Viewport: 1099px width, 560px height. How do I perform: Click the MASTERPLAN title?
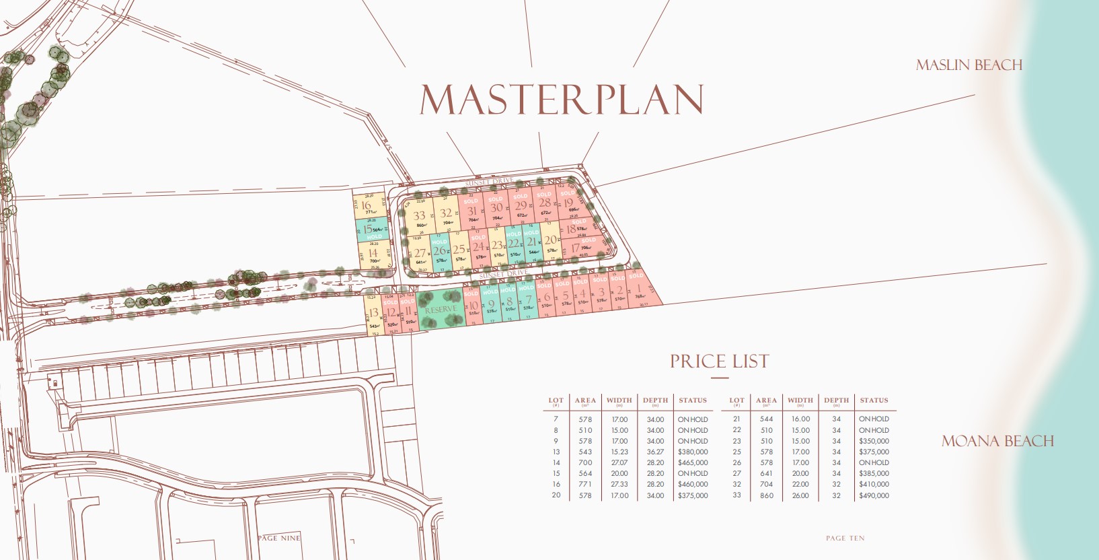[x=562, y=100]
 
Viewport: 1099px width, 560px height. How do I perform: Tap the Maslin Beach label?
[x=969, y=65]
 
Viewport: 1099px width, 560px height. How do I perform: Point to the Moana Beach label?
[x=997, y=442]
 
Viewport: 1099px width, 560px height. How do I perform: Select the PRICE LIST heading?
[x=719, y=361]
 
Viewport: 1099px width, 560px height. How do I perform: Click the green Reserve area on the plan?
[x=441, y=309]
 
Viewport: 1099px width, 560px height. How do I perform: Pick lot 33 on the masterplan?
[x=419, y=217]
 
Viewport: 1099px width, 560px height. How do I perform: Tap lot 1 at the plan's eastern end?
[x=640, y=291]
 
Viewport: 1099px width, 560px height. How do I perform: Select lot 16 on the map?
[x=366, y=206]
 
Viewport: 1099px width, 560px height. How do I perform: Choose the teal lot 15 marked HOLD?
[x=369, y=230]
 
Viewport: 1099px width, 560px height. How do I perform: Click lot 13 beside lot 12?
[x=373, y=314]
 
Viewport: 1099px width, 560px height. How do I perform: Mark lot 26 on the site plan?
[x=439, y=252]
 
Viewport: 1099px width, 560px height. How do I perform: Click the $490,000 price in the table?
[x=874, y=495]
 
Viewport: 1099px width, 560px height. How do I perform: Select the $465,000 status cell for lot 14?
[x=693, y=462]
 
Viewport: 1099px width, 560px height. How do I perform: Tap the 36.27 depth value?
[x=655, y=452]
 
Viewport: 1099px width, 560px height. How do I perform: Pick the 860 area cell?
[x=766, y=495]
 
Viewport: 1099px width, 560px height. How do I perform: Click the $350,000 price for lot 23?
[x=874, y=441]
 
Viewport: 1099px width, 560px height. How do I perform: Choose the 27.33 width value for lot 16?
[x=619, y=484]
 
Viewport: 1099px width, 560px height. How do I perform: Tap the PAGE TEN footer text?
[x=845, y=538]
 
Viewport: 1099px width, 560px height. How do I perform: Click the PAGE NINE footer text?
[x=279, y=538]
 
